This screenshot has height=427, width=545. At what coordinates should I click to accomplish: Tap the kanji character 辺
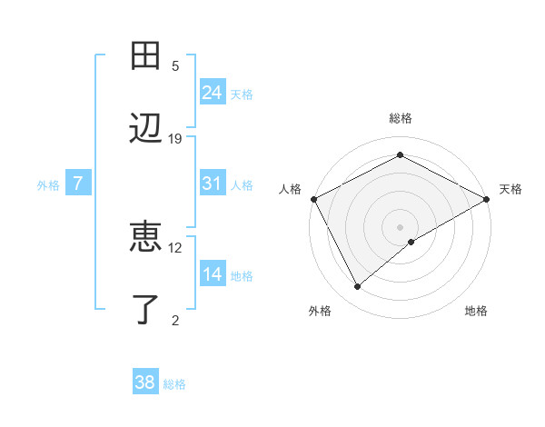pyautogui.click(x=145, y=128)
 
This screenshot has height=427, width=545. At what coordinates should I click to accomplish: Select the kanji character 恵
pyautogui.click(x=145, y=237)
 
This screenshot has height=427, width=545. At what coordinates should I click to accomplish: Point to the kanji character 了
pyautogui.click(x=145, y=309)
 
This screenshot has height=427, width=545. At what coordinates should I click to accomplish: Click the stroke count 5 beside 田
pyautogui.click(x=175, y=66)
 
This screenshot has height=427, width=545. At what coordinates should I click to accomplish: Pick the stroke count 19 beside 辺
pyautogui.click(x=175, y=138)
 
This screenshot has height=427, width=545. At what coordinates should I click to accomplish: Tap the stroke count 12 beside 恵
pyautogui.click(x=175, y=247)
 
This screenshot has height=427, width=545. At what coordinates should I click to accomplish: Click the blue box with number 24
pyautogui.click(x=213, y=92)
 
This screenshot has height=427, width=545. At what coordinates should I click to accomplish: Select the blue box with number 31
pyautogui.click(x=213, y=184)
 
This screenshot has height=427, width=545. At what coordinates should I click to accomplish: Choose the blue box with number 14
pyautogui.click(x=213, y=274)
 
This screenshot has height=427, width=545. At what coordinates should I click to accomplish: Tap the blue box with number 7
pyautogui.click(x=78, y=184)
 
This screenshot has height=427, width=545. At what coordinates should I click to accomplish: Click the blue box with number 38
pyautogui.click(x=145, y=382)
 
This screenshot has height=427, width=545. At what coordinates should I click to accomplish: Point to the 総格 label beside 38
pyautogui.click(x=174, y=384)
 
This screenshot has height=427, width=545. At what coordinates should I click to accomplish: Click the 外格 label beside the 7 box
pyautogui.click(x=48, y=185)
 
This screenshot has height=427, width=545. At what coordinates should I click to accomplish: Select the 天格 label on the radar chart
pyautogui.click(x=510, y=189)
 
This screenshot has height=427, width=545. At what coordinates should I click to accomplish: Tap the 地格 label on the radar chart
pyautogui.click(x=476, y=311)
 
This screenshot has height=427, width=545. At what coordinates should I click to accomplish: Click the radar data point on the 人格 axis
pyautogui.click(x=313, y=199)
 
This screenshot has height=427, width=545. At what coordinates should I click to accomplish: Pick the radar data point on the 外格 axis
pyautogui.click(x=358, y=286)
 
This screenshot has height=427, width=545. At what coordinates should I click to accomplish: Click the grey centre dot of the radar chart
pyautogui.click(x=400, y=226)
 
